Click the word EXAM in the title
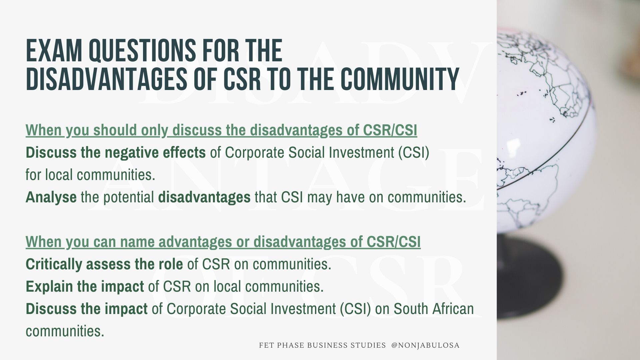click(53, 51)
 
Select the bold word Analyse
click(51, 197)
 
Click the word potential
click(129, 197)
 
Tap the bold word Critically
click(54, 264)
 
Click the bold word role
click(170, 264)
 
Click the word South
click(411, 309)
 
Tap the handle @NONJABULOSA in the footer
click(425, 345)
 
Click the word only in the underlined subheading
click(154, 130)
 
